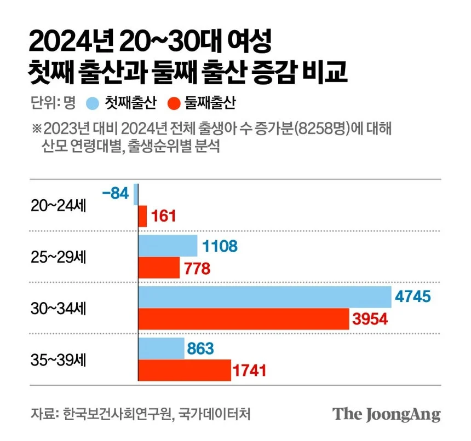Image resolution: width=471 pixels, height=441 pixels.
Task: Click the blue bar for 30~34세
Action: (264, 297)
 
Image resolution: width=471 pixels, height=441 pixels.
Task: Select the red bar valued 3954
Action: (243, 318)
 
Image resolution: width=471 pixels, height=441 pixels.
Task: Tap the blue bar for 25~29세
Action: (168, 246)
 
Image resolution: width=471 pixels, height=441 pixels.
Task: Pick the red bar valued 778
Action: (159, 268)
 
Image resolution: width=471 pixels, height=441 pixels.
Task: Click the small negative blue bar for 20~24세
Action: (135, 194)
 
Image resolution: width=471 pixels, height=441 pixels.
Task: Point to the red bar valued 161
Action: (142, 216)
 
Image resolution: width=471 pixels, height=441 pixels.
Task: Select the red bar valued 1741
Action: (184, 370)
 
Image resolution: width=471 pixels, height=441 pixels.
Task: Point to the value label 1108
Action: (220, 246)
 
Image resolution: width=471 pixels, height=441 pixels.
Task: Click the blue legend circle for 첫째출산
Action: (93, 102)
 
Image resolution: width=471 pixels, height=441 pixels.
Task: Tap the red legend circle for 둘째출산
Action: (175, 102)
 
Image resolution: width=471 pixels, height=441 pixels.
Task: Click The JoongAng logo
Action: (387, 414)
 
